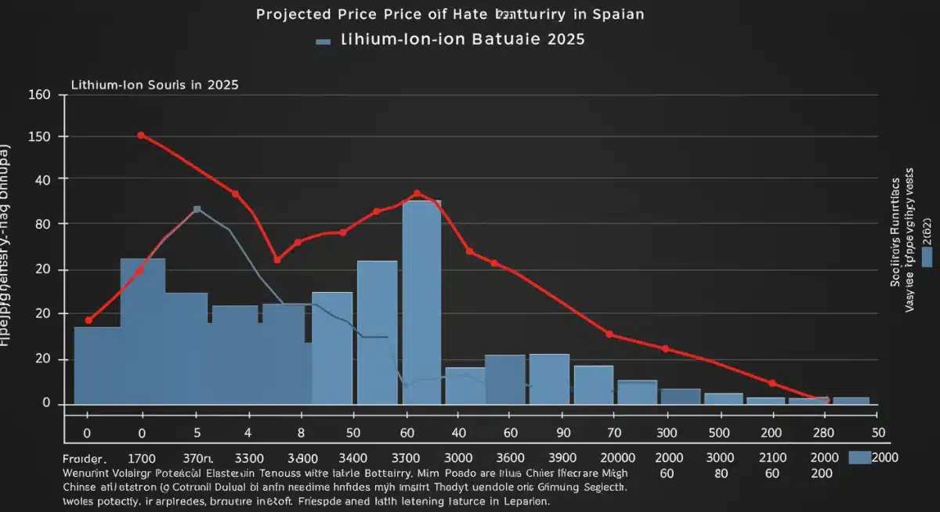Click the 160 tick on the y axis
pyautogui.click(x=39, y=96)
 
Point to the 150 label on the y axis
pyautogui.click(x=39, y=137)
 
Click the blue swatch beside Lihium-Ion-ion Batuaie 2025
pyautogui.click(x=324, y=40)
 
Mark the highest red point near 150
pyautogui.click(x=141, y=135)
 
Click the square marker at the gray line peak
pyautogui.click(x=197, y=209)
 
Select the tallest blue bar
pyautogui.click(x=421, y=301)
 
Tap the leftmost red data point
pyautogui.click(x=89, y=320)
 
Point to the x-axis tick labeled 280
pyautogui.click(x=820, y=432)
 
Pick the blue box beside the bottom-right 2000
pyautogui.click(x=859, y=456)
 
